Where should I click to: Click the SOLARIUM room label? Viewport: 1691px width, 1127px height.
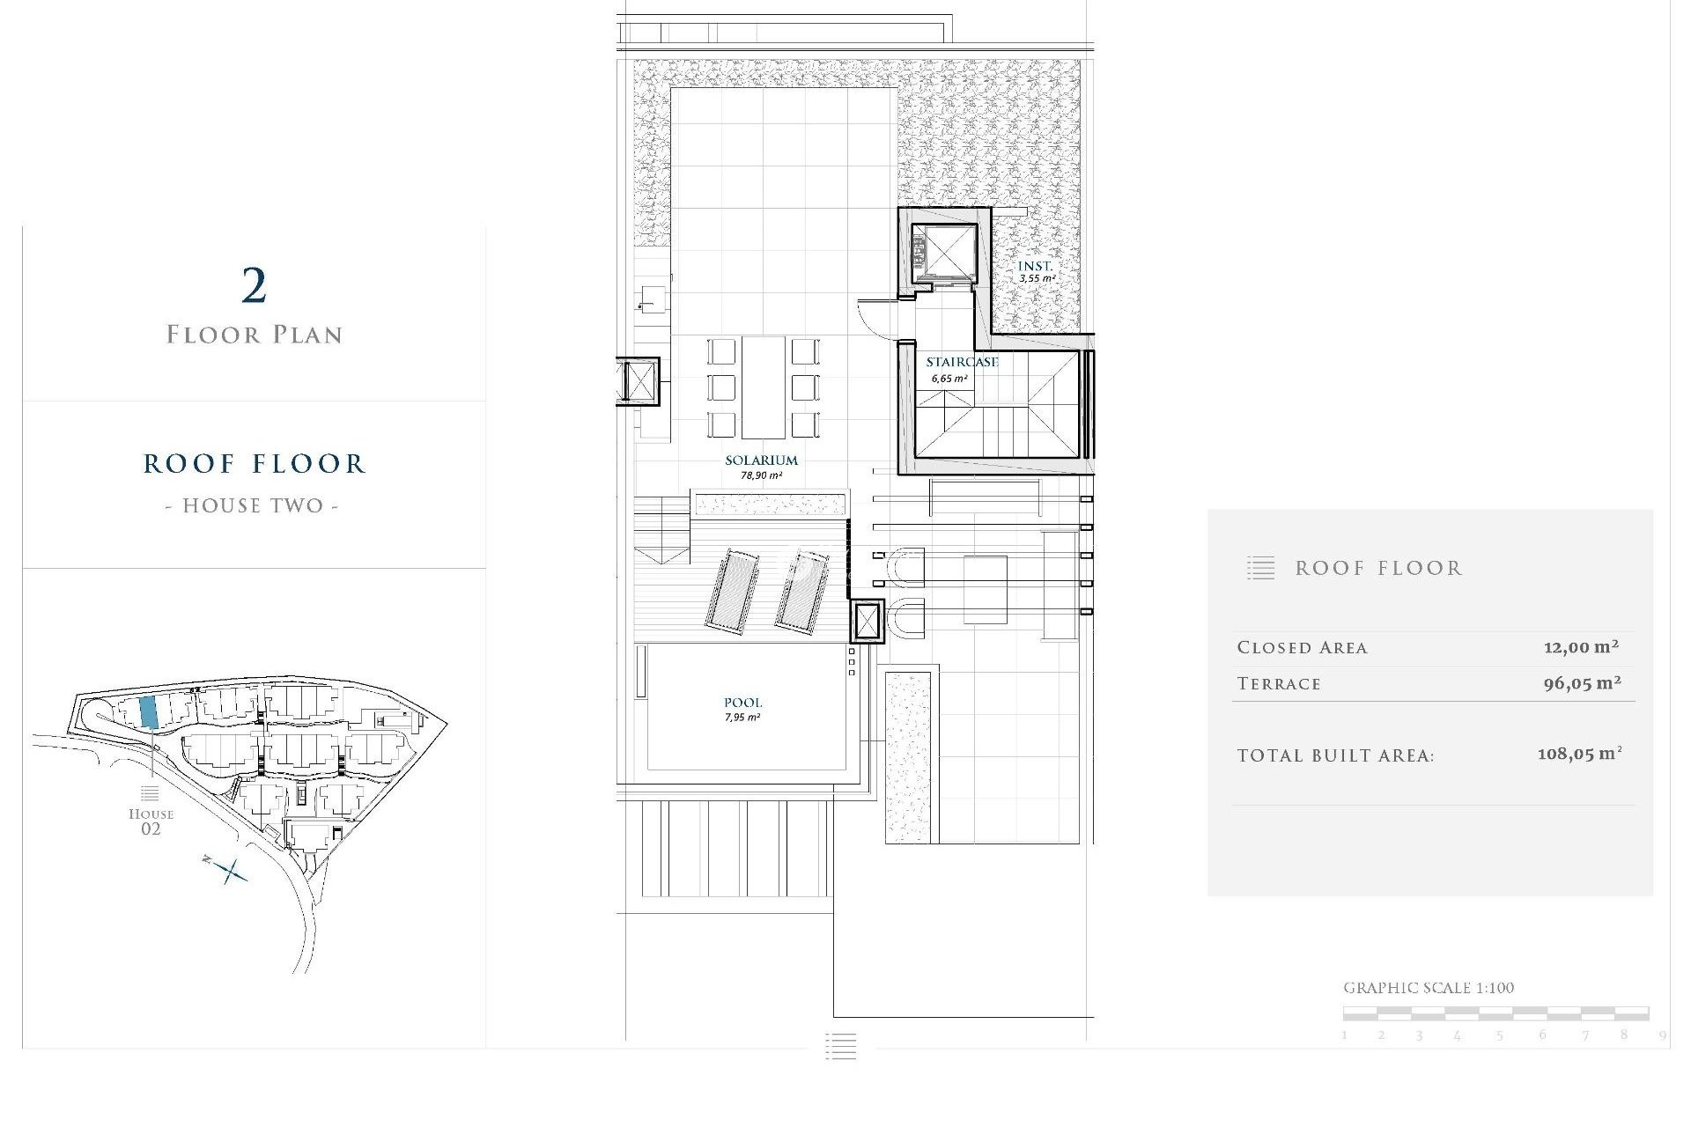(761, 460)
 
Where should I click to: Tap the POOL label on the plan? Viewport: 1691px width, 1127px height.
(742, 703)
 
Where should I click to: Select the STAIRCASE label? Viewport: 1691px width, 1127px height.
(962, 362)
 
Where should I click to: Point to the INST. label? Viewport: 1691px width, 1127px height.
(1035, 266)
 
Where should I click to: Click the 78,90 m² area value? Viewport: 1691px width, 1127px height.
(761, 475)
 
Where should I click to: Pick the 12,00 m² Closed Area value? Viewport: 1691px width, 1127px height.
(1581, 647)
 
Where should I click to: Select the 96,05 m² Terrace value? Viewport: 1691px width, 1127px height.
(1582, 683)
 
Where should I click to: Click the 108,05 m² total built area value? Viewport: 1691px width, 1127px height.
(1579, 755)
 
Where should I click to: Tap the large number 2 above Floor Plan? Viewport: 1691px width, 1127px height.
(254, 286)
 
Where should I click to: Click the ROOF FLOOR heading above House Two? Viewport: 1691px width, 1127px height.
(254, 464)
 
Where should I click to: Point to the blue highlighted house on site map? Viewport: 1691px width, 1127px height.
(149, 711)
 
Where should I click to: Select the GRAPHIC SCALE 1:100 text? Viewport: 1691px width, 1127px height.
(1429, 988)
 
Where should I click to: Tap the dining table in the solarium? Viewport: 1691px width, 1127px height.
(763, 387)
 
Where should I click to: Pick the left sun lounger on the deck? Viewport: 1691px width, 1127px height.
(731, 589)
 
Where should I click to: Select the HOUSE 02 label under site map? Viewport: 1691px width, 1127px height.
(151, 821)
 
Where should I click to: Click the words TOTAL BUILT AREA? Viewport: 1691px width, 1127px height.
(1335, 755)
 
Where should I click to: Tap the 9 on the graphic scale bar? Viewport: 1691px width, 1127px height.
(1662, 1035)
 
